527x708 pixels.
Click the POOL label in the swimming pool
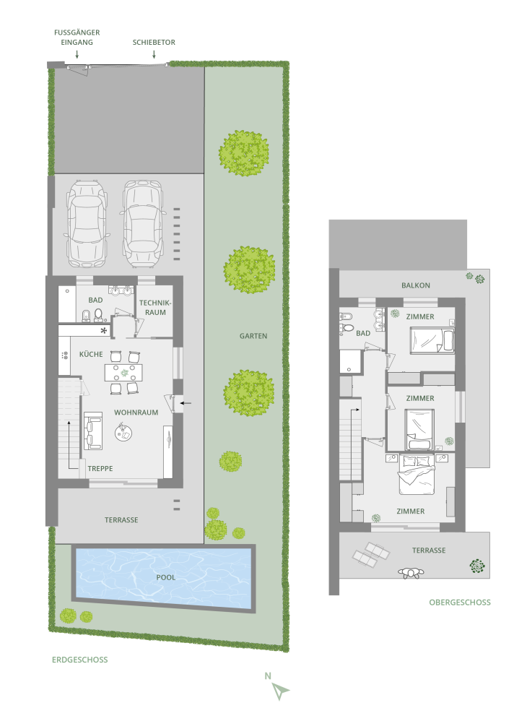(x=165, y=577)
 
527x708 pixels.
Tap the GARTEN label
(x=253, y=336)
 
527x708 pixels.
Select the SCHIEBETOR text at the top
(x=154, y=43)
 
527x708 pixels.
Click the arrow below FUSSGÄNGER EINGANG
(x=77, y=54)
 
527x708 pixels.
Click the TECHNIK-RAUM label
(x=155, y=308)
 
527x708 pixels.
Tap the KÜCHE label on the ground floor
(x=91, y=355)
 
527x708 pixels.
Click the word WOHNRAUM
(x=136, y=413)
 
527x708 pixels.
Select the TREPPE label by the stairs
(x=100, y=469)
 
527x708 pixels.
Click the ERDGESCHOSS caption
(x=80, y=660)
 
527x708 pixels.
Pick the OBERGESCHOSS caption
(x=460, y=603)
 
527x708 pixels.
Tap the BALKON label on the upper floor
(x=416, y=285)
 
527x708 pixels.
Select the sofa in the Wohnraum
(x=92, y=431)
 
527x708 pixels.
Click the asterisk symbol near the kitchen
(x=104, y=331)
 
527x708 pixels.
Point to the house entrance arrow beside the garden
(x=186, y=403)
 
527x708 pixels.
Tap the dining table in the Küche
(x=123, y=373)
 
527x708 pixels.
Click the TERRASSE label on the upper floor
(x=429, y=551)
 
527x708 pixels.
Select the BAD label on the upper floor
(x=363, y=333)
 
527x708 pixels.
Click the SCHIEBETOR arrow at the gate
(x=154, y=54)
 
